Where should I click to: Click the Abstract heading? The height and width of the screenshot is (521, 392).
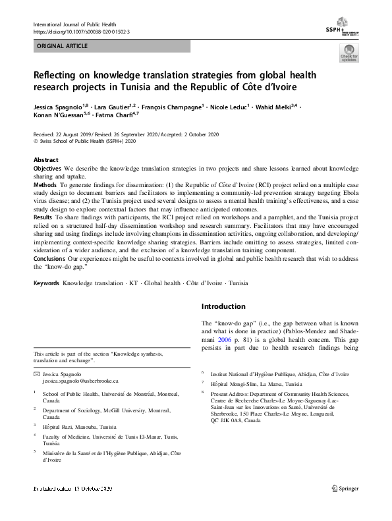pyautogui.click(x=46, y=160)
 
